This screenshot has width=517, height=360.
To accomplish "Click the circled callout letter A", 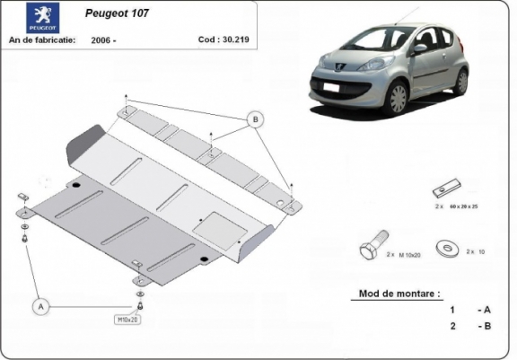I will point(40,307).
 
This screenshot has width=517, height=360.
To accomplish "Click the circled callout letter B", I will point(254,119).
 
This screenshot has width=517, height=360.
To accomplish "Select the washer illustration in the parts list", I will point(443,246).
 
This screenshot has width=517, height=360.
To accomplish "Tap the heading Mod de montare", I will point(399,294).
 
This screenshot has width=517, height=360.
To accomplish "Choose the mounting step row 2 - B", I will point(470,326).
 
